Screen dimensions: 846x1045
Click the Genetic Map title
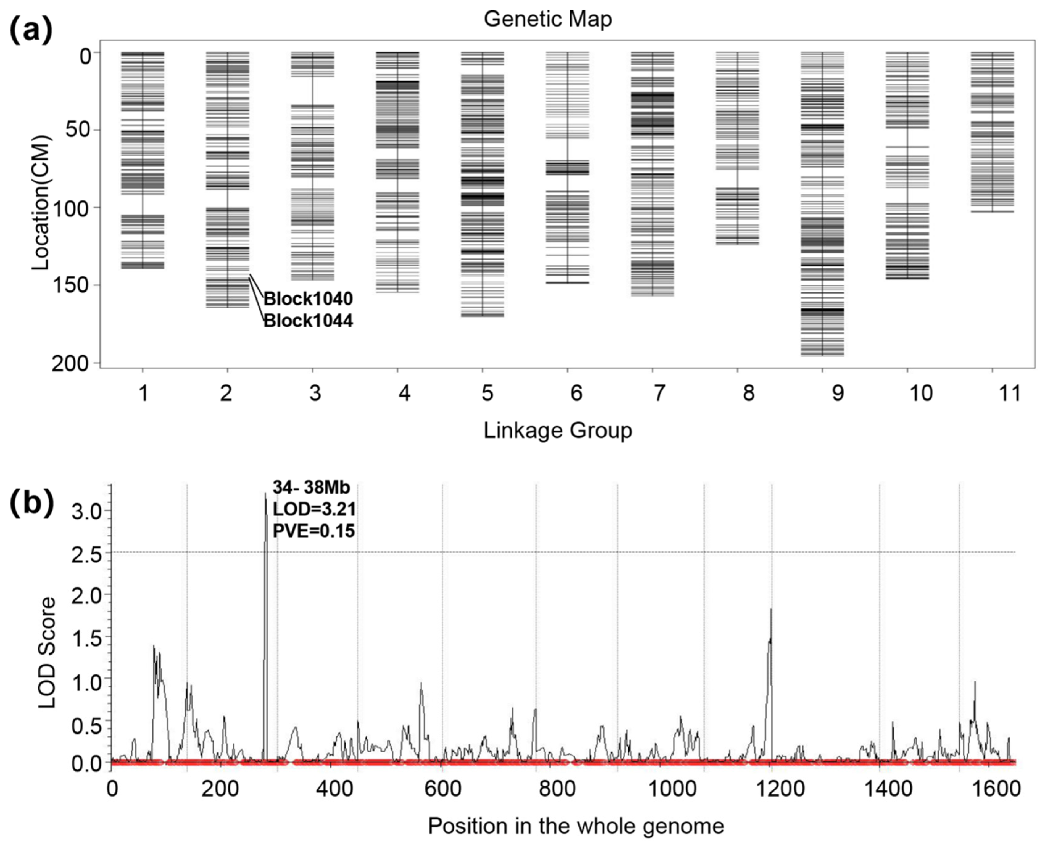(x=548, y=19)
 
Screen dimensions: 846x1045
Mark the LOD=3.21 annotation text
(x=314, y=509)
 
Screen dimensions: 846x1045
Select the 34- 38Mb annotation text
(x=311, y=487)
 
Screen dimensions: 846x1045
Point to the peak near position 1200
(x=771, y=609)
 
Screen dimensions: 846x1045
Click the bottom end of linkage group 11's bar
(x=992, y=211)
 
